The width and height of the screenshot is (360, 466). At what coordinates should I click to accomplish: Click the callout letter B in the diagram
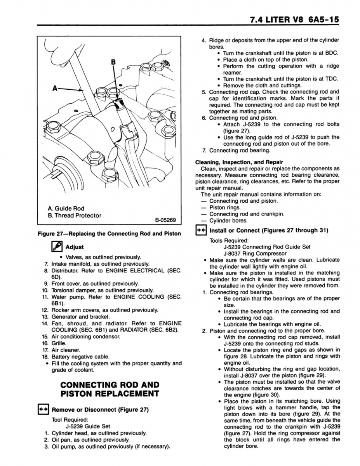click(x=113, y=62)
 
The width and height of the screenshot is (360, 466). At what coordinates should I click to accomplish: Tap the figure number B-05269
click(x=165, y=220)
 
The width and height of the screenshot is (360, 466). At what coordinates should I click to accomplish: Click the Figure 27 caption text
click(x=109, y=234)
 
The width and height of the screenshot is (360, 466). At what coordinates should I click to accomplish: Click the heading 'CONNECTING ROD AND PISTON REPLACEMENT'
click(x=110, y=389)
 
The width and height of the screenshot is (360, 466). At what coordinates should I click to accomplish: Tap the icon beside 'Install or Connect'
click(x=200, y=230)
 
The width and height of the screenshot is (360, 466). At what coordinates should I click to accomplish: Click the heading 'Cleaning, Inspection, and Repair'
click(x=239, y=162)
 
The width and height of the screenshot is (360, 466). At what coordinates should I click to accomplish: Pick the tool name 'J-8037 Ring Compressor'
click(x=255, y=254)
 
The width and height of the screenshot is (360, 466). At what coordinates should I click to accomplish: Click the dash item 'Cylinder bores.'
click(x=227, y=221)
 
